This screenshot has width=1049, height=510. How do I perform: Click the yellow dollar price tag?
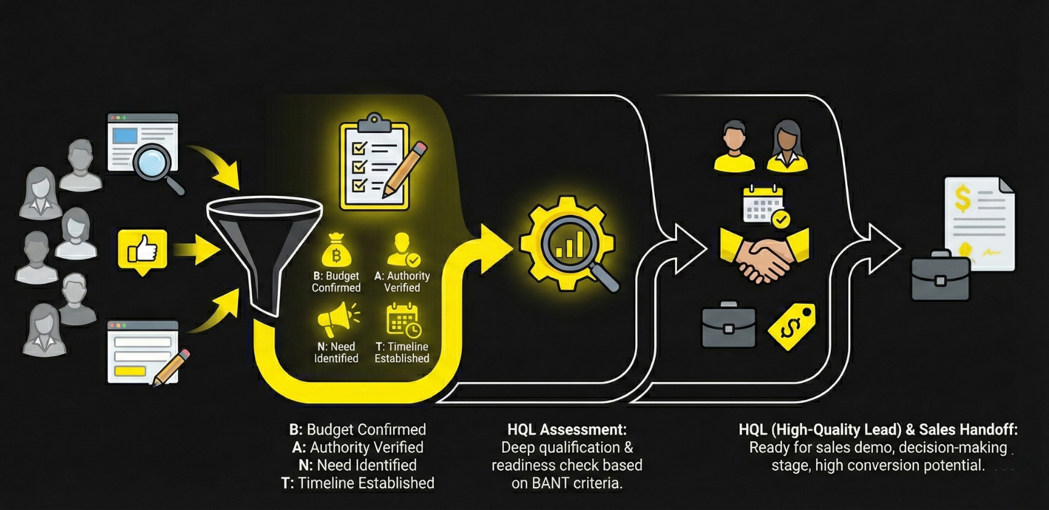792,327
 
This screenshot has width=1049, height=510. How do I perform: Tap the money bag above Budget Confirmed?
336,251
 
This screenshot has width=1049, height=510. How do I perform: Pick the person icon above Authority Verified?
403,249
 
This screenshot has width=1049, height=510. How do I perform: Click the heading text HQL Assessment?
567,429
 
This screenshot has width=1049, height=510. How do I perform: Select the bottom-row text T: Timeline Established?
357,483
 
